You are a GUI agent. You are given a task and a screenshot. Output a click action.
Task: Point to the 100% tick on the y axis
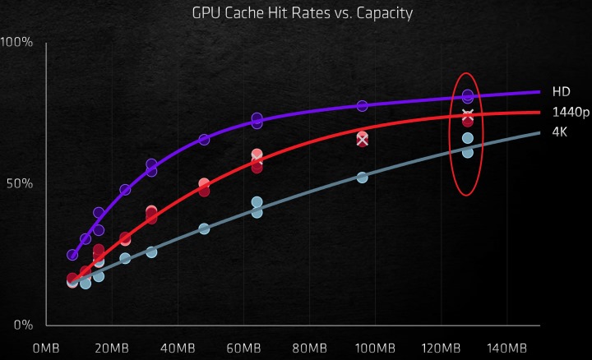click(x=16, y=41)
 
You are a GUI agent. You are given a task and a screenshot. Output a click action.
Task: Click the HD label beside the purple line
click(x=560, y=92)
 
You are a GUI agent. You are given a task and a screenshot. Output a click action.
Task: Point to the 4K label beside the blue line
click(x=560, y=132)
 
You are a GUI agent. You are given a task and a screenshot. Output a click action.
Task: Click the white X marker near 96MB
click(x=362, y=140)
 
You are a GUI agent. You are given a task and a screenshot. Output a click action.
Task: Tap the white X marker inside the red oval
click(x=468, y=115)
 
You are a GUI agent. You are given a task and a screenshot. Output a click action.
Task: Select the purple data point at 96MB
click(x=362, y=106)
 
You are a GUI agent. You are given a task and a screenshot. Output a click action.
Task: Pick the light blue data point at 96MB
click(x=362, y=177)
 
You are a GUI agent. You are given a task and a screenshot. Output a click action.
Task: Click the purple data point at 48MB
click(x=204, y=140)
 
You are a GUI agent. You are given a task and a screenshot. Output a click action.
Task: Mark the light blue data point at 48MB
click(x=204, y=228)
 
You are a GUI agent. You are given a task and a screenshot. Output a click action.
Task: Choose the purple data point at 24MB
click(x=125, y=190)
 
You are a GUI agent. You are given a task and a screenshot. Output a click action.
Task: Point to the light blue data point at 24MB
click(x=125, y=258)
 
